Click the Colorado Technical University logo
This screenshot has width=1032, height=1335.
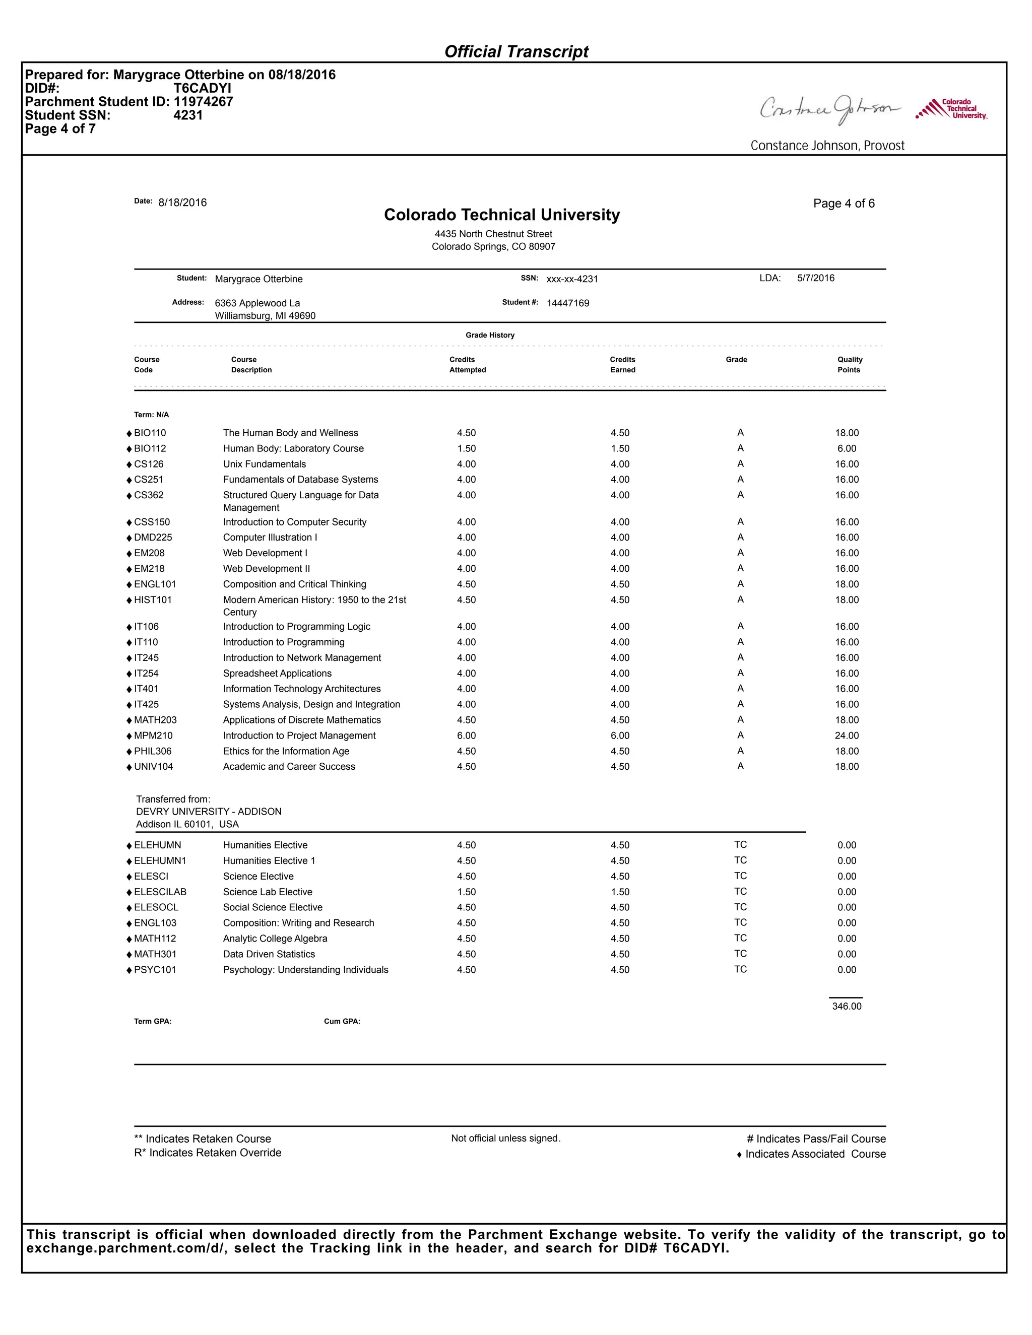[x=951, y=109]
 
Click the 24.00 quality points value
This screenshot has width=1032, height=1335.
[x=847, y=736]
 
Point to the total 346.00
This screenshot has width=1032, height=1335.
[x=846, y=1006]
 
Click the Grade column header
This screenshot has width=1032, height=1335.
[x=736, y=359]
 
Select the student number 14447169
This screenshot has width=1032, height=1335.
[x=567, y=303]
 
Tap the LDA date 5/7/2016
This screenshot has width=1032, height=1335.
[x=816, y=278]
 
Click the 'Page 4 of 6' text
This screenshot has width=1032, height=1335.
[x=844, y=204]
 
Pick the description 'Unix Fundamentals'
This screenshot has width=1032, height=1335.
[x=264, y=464]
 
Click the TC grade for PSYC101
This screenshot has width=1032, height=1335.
[x=740, y=969]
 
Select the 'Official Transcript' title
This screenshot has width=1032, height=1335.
[x=516, y=52]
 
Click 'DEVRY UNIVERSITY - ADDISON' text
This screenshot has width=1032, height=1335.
[x=209, y=812]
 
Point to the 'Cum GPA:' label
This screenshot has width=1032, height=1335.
[x=342, y=1022]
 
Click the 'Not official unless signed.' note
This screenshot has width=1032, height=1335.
[x=505, y=1138]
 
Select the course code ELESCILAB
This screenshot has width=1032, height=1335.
[x=160, y=892]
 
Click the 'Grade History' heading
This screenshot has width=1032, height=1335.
[x=490, y=335]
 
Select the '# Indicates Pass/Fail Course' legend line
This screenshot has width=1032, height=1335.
[x=816, y=1139]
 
